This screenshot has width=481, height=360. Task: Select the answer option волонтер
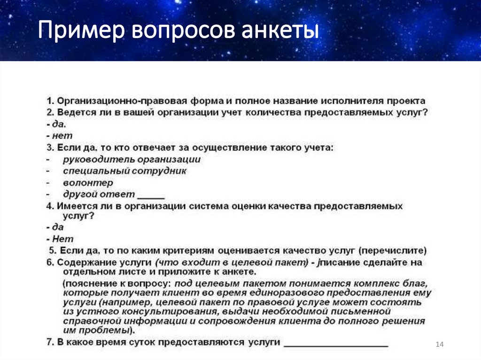pyautogui.click(x=88, y=183)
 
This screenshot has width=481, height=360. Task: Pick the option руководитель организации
pyautogui.click(x=132, y=160)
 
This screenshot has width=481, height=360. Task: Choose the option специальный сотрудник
pyautogui.click(x=124, y=171)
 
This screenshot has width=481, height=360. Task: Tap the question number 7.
pyautogui.click(x=49, y=342)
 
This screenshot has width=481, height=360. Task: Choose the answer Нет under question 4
pyautogui.click(x=62, y=238)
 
